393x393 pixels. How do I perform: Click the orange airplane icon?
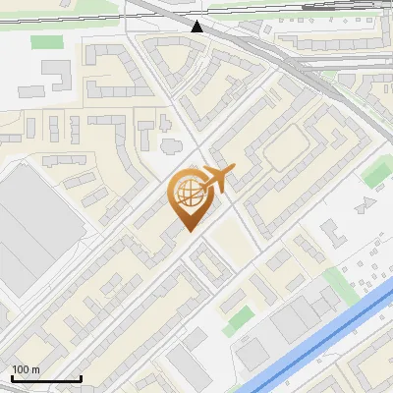(x=217, y=180)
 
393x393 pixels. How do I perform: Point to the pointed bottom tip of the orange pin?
(x=187, y=232)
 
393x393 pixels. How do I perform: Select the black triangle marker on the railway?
(x=198, y=27)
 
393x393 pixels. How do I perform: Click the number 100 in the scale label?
(x=21, y=369)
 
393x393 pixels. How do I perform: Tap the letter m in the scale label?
(x=36, y=369)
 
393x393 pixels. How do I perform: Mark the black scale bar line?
(x=45, y=378)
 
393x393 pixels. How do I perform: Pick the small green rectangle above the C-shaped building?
(x=44, y=42)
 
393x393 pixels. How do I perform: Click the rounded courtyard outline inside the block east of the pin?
(x=287, y=147)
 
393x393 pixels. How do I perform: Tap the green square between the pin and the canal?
(x=237, y=316)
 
